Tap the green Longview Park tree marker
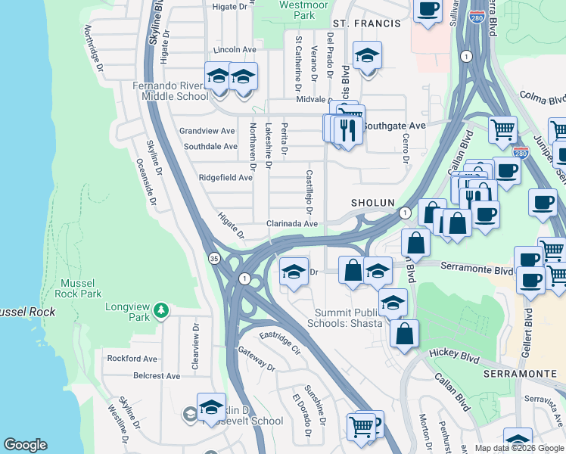[x=160, y=310]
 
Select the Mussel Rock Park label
[x=81, y=288]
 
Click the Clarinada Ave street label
[x=291, y=224]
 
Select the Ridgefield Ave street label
[x=225, y=178]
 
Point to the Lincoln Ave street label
[x=235, y=50]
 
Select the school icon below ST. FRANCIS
[x=368, y=57]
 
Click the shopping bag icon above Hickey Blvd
[x=405, y=333]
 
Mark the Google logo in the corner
[x=25, y=445]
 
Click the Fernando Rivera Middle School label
[x=170, y=91]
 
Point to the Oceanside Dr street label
[x=147, y=182]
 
